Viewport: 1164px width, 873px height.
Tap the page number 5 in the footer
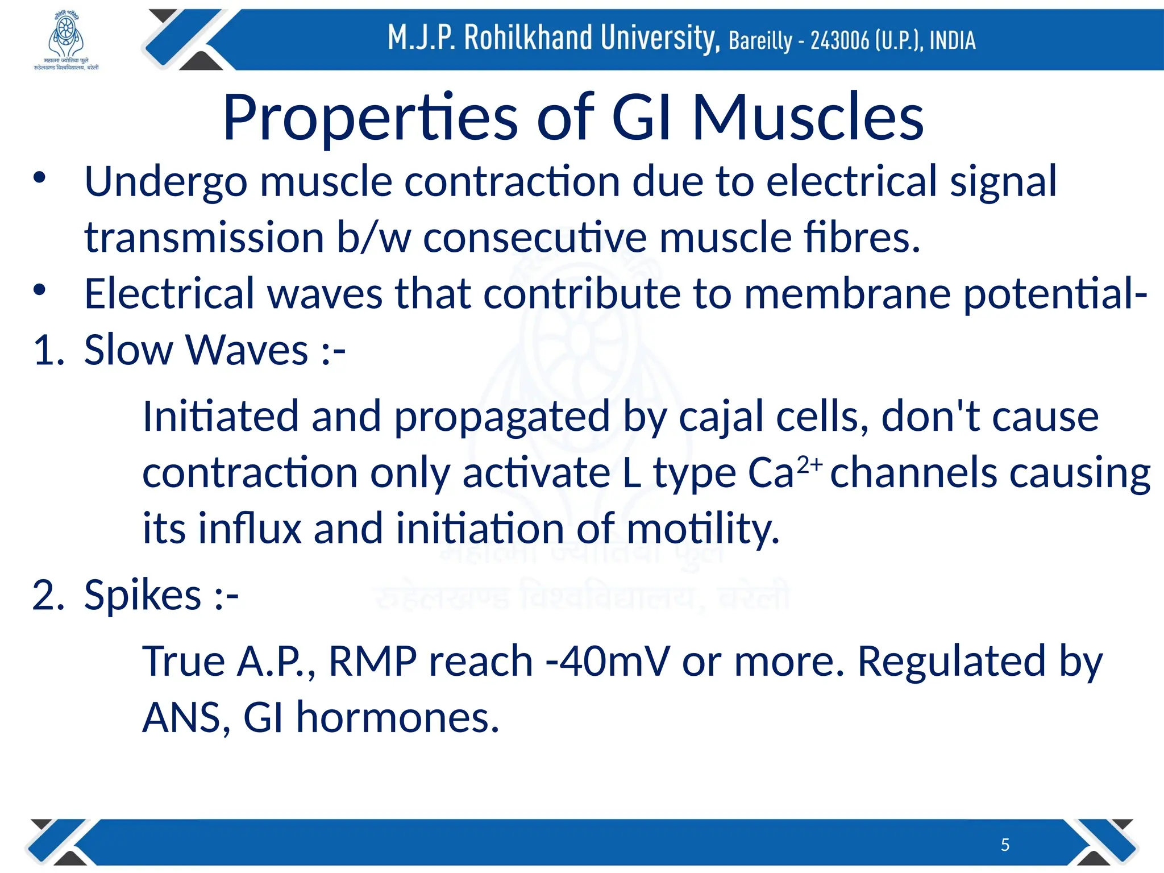[1005, 845]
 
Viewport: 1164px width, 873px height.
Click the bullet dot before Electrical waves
[39, 290]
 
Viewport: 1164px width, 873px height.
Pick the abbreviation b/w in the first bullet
[373, 238]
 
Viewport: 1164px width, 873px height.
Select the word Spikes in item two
[143, 596]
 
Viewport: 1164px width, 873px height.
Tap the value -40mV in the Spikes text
[608, 662]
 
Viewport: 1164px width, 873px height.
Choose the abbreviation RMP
[373, 662]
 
